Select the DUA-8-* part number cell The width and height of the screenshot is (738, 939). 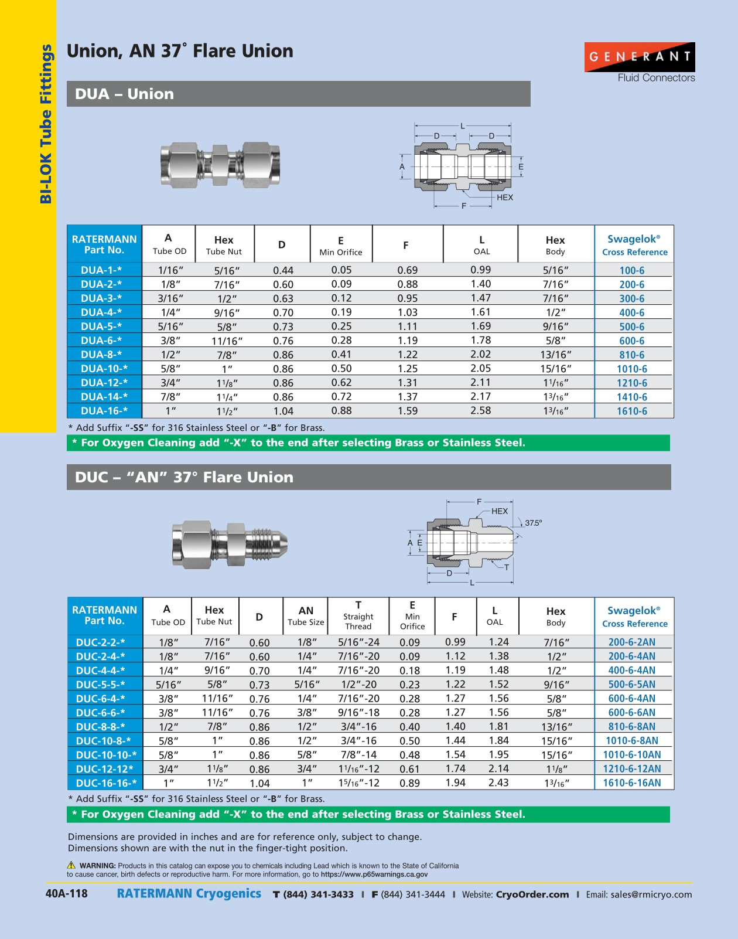101,355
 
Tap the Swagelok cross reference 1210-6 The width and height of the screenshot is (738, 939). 631,383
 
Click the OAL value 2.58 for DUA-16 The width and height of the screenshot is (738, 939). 480,411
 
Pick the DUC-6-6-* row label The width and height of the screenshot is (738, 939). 100,713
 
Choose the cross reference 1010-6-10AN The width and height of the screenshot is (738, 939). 631,755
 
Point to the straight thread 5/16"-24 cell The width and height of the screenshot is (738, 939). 358,642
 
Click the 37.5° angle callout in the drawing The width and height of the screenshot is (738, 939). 533,523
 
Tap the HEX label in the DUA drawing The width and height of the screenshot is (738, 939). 504,198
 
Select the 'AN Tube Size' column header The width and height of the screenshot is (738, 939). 306,616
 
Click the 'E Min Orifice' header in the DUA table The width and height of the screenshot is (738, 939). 340,246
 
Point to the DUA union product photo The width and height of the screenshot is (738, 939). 220,165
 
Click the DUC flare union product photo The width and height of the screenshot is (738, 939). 230,545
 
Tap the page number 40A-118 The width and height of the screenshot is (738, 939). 66,894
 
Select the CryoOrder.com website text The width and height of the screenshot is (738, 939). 532,894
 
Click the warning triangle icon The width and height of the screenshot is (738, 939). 71,865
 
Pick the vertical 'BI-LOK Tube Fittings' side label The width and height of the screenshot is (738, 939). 45,124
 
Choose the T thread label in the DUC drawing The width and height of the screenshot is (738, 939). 506,567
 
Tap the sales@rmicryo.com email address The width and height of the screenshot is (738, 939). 651,894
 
